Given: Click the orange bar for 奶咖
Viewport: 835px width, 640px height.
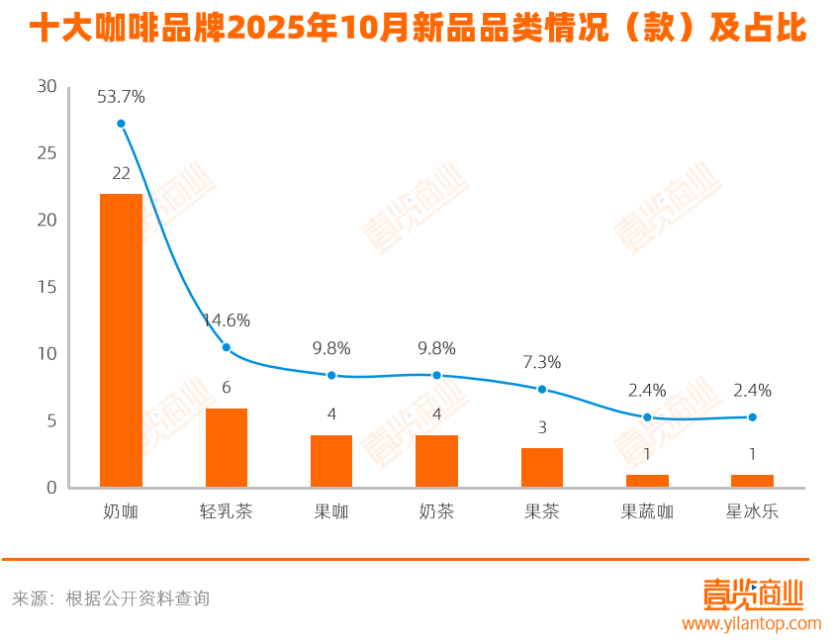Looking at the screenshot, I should pos(121,339).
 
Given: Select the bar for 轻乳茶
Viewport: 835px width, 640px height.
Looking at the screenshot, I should pos(226,447).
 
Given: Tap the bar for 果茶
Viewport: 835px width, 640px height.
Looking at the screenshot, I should pos(541,467).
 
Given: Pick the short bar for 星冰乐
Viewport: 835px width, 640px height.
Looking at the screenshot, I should pos(752,481).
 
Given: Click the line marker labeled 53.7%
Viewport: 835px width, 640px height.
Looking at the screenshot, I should pos(121,124).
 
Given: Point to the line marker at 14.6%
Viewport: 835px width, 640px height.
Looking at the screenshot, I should pos(226,347).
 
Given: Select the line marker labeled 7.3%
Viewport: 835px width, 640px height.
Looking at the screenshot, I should pos(541,389).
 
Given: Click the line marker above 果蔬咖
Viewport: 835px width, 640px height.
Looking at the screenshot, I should pos(647,417).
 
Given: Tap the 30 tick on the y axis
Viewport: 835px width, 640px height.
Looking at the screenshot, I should pos(46,87).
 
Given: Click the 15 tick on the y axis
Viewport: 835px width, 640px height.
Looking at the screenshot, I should pos(46,287).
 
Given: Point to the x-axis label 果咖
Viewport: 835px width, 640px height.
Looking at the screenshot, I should pos(331,512).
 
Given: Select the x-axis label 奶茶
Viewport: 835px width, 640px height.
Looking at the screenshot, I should pos(436,512).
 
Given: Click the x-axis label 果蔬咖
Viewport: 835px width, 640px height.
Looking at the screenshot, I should pos(647,512).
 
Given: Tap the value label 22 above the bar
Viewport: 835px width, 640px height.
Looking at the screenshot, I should pos(121,173).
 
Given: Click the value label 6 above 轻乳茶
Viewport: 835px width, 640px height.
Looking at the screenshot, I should pos(226,388).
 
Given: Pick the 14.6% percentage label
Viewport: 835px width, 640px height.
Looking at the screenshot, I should pos(226,320).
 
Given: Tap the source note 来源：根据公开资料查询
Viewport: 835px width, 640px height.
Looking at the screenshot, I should pos(111,598).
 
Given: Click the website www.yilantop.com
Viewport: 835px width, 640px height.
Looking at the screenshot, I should pos(751,623).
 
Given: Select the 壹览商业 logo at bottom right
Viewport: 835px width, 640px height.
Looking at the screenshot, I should pos(753,594).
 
